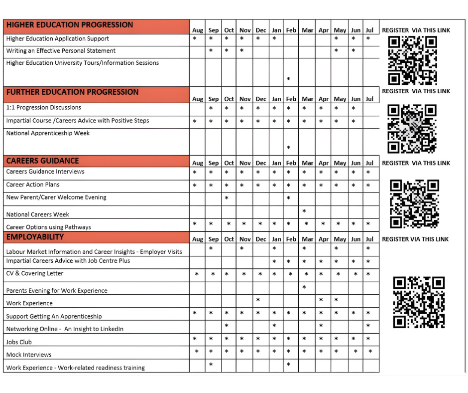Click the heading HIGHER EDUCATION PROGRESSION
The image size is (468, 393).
point(70,25)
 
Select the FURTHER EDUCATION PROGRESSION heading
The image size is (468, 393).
point(72,92)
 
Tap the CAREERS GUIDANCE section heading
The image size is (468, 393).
point(42,161)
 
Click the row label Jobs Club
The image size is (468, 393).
point(19,342)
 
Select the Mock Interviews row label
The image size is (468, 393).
point(29,355)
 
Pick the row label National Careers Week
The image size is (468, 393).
point(37,214)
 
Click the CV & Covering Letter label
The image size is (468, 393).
point(35,273)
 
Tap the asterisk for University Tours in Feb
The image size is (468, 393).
point(288,79)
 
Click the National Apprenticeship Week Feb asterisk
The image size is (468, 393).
point(288,148)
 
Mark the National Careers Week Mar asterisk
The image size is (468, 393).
point(304,211)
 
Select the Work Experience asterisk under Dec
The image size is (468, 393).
point(258,300)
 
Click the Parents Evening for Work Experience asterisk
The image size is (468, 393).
point(304,287)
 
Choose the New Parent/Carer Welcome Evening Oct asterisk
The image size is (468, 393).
point(227,198)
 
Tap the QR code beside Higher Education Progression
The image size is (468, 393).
point(412,60)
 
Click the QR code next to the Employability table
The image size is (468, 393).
point(418,303)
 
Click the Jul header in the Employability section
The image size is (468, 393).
point(369,239)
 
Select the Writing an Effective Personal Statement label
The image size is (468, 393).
point(61,51)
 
